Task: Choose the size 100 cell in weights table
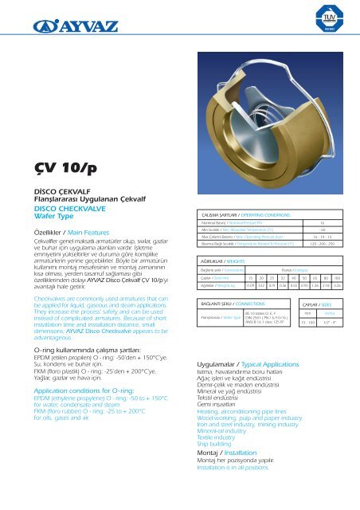pyautogui.click(x=338, y=253)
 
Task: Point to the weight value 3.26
pyautogui.click(x=338, y=261)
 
